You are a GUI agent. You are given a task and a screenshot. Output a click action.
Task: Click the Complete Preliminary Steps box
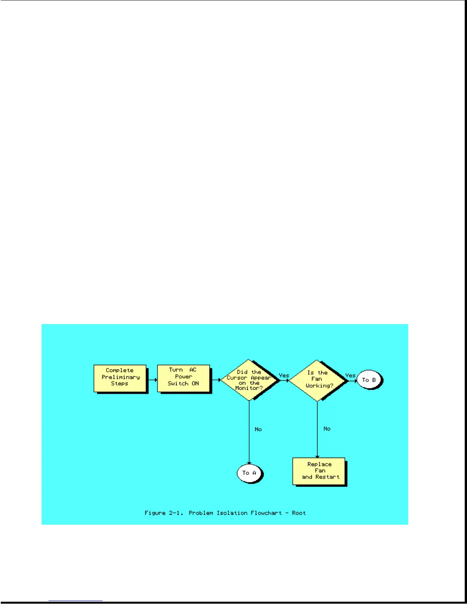coord(120,378)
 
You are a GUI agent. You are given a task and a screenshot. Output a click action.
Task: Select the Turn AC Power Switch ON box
coord(183,377)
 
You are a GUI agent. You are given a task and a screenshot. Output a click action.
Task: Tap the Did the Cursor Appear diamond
coord(249,380)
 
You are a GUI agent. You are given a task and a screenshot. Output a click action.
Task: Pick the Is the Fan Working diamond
coord(317,380)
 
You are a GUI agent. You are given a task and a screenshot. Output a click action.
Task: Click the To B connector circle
coord(369,380)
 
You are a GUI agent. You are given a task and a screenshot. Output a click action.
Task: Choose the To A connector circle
coord(249,473)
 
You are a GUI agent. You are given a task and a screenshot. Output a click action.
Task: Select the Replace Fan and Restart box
coord(319,471)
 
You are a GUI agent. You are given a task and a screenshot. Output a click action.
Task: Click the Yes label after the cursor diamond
coord(284,375)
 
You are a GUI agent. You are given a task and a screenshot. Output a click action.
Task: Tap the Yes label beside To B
coord(350,375)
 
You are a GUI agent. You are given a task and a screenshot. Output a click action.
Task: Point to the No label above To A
coord(258,429)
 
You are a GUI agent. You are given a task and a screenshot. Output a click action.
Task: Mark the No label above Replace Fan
coord(327,429)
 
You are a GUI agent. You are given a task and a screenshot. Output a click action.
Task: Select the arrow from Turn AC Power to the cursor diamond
coord(216,380)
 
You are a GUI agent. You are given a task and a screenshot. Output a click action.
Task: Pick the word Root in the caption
coord(299,513)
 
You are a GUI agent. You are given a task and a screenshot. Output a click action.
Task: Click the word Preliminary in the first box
coord(121,377)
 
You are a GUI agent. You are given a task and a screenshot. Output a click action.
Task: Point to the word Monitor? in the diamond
coord(249,388)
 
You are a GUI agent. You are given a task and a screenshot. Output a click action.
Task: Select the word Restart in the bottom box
coord(327,477)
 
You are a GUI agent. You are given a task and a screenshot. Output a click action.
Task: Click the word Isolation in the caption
coord(232,513)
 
